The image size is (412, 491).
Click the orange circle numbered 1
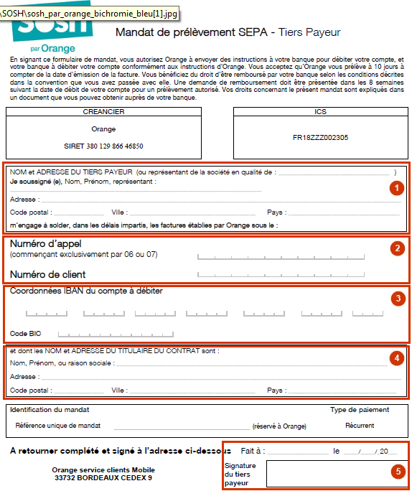tap(394, 188)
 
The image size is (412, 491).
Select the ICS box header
tap(320, 112)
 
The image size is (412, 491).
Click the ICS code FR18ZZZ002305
tap(320, 137)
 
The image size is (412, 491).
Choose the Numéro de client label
tap(47, 274)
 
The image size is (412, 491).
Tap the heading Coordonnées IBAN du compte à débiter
tap(86, 291)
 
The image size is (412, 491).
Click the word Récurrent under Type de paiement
tap(359, 426)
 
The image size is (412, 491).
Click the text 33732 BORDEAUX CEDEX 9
tap(103, 478)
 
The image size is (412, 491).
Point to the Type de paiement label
tap(360, 410)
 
